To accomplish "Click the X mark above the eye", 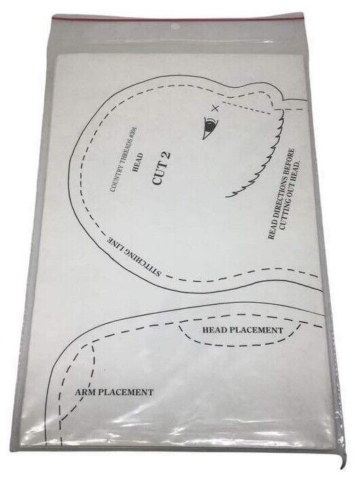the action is point(216,108).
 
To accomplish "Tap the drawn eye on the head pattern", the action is point(211,126).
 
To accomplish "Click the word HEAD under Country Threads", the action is point(137,162).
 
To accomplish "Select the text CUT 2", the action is point(161,168).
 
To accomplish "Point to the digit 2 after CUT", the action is point(166,155).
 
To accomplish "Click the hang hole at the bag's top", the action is point(175,26).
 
